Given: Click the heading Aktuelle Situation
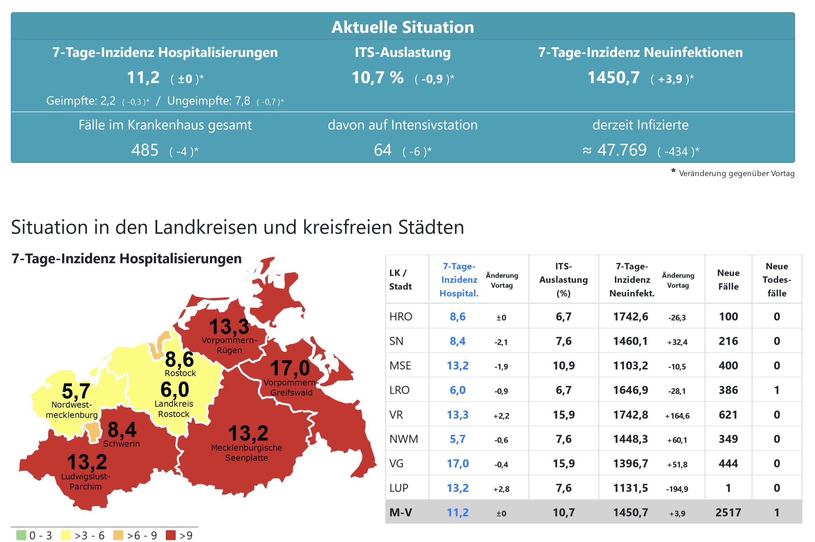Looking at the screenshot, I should [x=403, y=27].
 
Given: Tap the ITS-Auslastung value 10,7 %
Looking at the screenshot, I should [x=377, y=78].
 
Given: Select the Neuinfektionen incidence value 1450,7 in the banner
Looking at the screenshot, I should [x=614, y=78].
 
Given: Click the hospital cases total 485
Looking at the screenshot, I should [x=145, y=150].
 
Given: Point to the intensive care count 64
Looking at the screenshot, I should [x=383, y=150].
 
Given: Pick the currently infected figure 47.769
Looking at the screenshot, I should [x=622, y=150].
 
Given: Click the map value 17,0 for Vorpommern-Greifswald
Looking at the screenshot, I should [x=290, y=368].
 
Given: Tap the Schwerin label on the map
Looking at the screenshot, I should [x=121, y=444].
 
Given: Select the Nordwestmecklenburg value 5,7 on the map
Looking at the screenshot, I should [x=76, y=391].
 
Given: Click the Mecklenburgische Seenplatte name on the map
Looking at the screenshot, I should [x=246, y=452].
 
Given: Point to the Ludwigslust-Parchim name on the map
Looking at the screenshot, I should [x=85, y=482].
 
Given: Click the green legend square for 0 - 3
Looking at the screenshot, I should [x=21, y=535].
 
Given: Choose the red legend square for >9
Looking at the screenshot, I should [x=171, y=535].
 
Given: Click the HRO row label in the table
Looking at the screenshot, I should [x=401, y=317].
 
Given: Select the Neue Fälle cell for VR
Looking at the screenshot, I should [x=728, y=415].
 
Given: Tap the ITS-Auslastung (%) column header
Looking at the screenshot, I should [x=563, y=280].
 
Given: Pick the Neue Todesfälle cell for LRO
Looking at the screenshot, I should [x=777, y=390].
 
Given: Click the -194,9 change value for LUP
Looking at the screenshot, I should [x=677, y=489].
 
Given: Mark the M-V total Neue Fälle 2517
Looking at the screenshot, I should [x=728, y=513].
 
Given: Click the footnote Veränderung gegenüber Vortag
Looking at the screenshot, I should [x=736, y=173].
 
